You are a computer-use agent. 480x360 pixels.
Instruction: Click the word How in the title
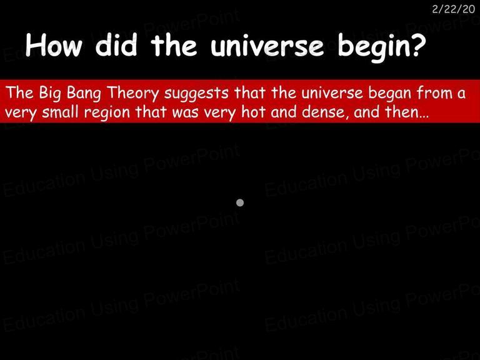[x=54, y=45]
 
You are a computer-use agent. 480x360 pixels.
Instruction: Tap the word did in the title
[x=116, y=44]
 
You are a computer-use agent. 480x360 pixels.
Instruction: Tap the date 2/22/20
[x=453, y=9]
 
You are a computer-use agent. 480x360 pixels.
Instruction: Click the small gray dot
[x=240, y=202]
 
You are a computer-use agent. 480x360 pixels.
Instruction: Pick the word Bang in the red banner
[x=84, y=93]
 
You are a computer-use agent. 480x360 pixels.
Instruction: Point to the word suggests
[x=196, y=94]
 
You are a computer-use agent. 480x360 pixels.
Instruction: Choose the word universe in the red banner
[x=332, y=92]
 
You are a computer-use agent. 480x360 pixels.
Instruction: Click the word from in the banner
[x=434, y=92]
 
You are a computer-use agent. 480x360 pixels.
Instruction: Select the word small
[x=60, y=111]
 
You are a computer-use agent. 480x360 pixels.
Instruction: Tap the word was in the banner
[x=185, y=112]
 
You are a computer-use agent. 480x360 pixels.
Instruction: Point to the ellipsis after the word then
[x=423, y=117]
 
